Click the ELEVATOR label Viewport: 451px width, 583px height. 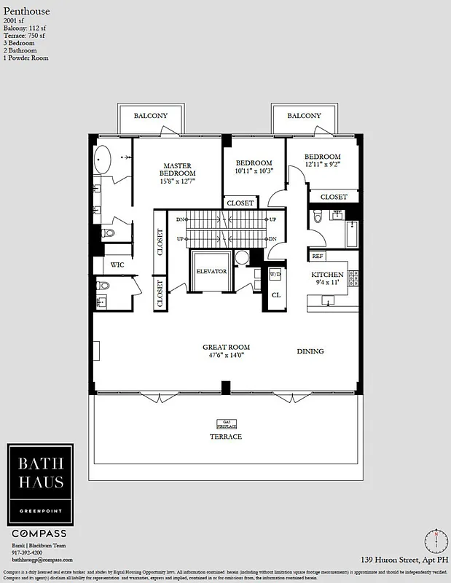tap(212, 271)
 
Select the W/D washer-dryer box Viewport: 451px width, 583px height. tap(275, 275)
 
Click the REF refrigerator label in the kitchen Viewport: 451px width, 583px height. tap(318, 257)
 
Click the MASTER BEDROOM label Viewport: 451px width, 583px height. tap(177, 170)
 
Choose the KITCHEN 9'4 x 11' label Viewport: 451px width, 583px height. tap(327, 278)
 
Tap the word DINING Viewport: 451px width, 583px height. tap(310, 351)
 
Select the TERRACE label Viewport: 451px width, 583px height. tap(227, 437)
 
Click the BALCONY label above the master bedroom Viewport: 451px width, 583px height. tap(151, 116)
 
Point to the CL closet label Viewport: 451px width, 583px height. tap(276, 295)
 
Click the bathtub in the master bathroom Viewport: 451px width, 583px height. tap(103, 158)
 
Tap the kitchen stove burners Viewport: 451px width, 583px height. tap(353, 278)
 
